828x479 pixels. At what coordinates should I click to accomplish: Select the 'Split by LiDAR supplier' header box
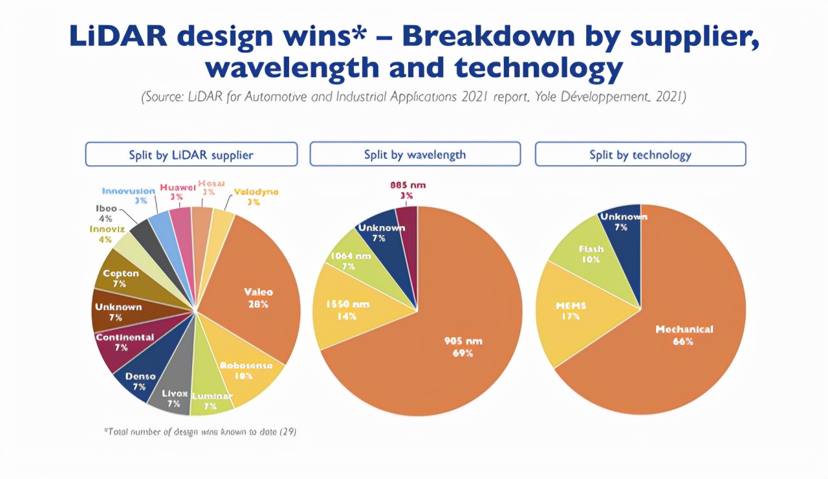191,155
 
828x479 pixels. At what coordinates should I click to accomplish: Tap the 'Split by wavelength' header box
415,154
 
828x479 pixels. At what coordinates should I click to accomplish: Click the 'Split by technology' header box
640,155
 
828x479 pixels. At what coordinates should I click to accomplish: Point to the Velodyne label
256,192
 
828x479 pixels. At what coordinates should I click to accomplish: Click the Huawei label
177,188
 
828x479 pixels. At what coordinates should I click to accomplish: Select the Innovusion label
128,192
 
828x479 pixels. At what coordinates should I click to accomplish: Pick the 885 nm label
406,185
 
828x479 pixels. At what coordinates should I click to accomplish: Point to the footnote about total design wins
200,431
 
